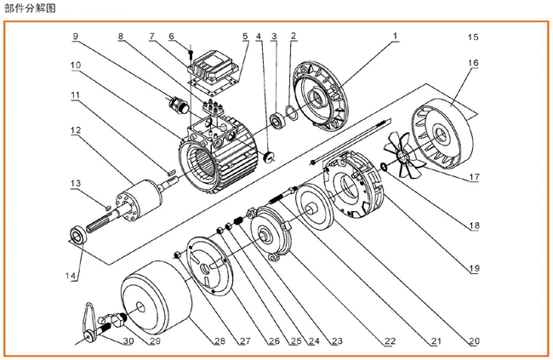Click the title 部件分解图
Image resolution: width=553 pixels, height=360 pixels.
29,8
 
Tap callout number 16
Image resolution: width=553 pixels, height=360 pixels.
473,64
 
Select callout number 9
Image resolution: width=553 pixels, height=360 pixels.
76,37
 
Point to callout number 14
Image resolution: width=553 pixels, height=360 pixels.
73,275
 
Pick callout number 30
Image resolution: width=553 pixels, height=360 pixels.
129,341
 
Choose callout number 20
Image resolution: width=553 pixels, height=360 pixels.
473,341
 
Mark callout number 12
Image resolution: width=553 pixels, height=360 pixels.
75,131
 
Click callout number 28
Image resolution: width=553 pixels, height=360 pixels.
219,341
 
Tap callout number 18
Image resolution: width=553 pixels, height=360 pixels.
473,226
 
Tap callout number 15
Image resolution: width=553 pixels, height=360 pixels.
473,37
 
